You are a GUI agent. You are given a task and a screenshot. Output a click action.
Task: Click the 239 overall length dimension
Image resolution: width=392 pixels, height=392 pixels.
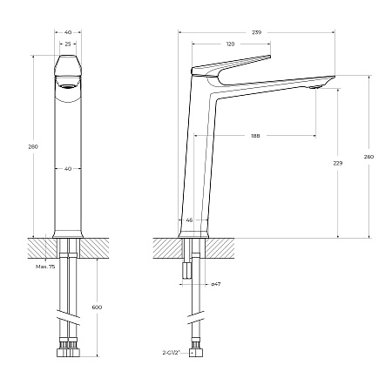(256, 31)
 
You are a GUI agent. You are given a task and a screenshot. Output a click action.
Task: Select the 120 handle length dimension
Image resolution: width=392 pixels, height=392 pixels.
(230, 44)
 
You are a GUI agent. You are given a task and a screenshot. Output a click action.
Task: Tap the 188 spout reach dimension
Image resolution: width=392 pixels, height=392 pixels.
(255, 136)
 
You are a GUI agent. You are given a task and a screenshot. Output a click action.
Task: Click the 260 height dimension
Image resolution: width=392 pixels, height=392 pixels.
(368, 157)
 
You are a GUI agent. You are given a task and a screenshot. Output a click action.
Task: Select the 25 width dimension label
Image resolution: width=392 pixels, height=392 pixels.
(67, 44)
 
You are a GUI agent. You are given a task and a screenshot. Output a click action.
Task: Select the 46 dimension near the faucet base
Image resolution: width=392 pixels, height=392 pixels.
(189, 220)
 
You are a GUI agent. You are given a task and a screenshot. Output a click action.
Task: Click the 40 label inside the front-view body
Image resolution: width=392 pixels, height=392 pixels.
(67, 169)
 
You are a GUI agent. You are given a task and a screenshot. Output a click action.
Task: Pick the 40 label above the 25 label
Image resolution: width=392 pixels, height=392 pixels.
(67, 31)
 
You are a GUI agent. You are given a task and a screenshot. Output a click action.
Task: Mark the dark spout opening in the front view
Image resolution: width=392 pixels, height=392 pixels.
(67, 87)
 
